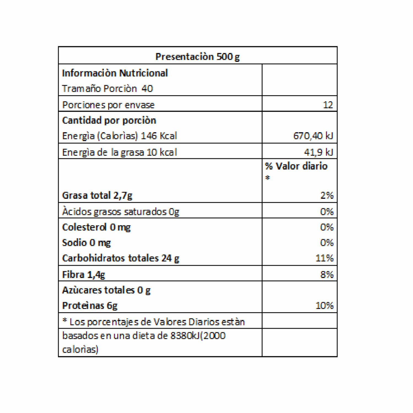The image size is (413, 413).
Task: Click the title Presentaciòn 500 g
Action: click(x=197, y=56)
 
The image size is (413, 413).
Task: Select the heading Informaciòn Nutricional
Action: click(x=115, y=73)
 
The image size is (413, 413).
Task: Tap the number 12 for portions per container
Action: click(x=328, y=105)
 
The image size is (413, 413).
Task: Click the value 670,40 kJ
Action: click(x=313, y=136)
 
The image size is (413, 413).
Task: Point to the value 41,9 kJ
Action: click(x=318, y=152)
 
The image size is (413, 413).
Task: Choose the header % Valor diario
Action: click(x=296, y=166)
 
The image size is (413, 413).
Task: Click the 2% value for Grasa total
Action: click(x=327, y=195)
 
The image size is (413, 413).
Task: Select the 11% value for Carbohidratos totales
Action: click(x=324, y=258)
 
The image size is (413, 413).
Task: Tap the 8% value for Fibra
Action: click(x=327, y=275)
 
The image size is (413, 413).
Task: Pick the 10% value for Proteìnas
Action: click(x=324, y=305)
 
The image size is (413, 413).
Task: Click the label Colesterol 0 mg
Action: click(x=96, y=227)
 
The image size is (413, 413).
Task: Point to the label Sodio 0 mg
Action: click(x=86, y=243)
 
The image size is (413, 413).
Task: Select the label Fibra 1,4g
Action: click(x=84, y=275)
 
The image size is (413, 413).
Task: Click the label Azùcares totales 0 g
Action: click(x=106, y=290)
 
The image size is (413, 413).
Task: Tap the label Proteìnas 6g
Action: click(x=90, y=305)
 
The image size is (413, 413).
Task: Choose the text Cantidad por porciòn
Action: click(x=109, y=120)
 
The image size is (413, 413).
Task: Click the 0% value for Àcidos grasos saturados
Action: click(x=327, y=211)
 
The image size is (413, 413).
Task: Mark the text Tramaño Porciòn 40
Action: click(x=107, y=88)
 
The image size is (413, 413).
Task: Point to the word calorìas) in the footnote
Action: click(x=80, y=349)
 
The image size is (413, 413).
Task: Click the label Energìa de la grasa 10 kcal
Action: click(x=119, y=152)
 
